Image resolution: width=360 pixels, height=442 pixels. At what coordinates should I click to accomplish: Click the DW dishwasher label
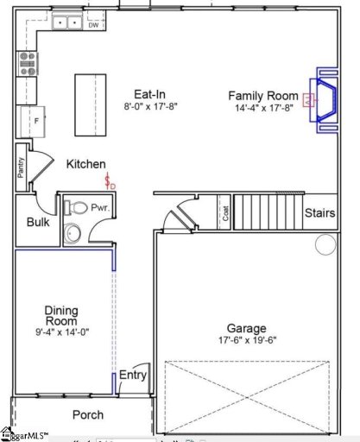pyautogui.click(x=92, y=26)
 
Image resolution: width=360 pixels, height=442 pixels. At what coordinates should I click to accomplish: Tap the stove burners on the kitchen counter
pyautogui.click(x=28, y=62)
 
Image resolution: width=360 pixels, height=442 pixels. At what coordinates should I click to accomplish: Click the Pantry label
pyautogui.click(x=22, y=167)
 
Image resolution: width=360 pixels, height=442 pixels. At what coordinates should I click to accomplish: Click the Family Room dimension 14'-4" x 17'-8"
pyautogui.click(x=262, y=108)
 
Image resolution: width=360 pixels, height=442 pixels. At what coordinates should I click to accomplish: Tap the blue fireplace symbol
pyautogui.click(x=319, y=101)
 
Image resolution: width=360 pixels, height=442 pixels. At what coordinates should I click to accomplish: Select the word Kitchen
pyautogui.click(x=85, y=164)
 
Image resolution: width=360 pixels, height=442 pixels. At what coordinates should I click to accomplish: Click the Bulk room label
pyautogui.click(x=37, y=222)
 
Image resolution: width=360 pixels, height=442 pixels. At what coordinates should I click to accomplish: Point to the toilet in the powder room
pyautogui.click(x=76, y=208)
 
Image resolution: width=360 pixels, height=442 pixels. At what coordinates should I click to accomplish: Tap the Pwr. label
pyautogui.click(x=104, y=208)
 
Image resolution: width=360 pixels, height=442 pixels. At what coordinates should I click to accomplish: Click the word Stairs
pyautogui.click(x=319, y=212)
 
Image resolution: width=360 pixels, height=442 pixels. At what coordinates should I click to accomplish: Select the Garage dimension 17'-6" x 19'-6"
pyautogui.click(x=246, y=341)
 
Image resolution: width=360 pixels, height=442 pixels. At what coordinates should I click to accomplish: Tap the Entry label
pyautogui.click(x=132, y=375)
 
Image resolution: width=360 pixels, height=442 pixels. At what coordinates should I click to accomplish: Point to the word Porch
pyautogui.click(x=87, y=415)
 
